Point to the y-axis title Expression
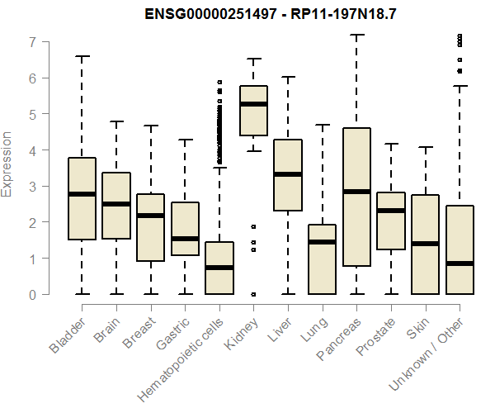click(x=8, y=164)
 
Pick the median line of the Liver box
click(x=288, y=174)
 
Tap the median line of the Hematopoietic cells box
click(x=219, y=268)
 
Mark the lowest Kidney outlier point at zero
click(x=253, y=294)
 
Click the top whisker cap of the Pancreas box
click(x=356, y=35)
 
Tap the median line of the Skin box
click(x=425, y=244)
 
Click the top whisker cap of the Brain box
click(x=116, y=121)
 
